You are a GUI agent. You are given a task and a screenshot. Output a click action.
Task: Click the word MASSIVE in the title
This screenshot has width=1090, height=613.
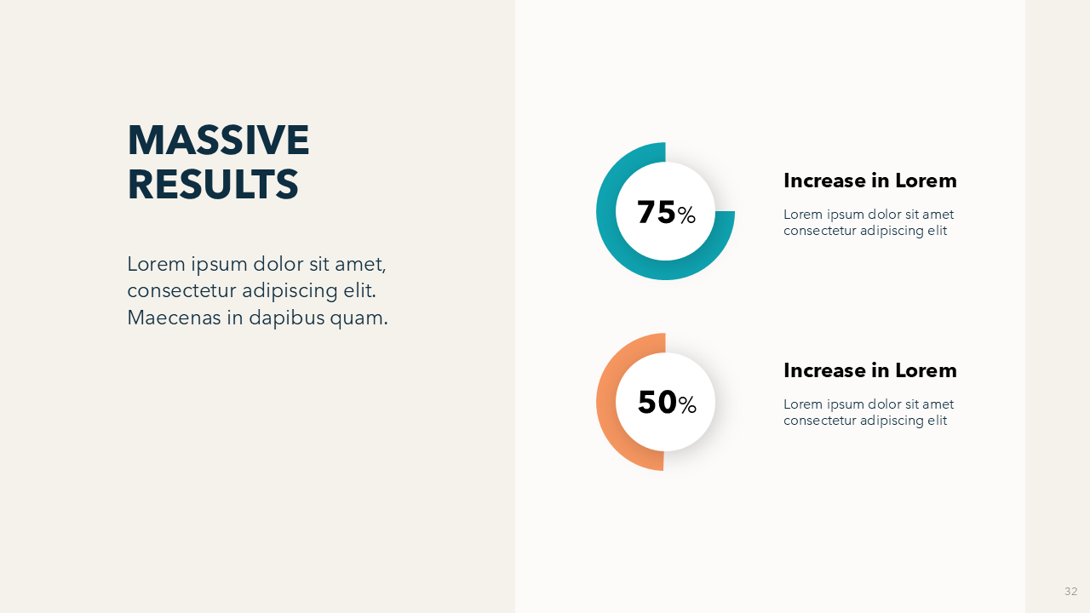click(x=218, y=140)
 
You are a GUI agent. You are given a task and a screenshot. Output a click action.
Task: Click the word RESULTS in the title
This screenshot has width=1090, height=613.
click(x=213, y=185)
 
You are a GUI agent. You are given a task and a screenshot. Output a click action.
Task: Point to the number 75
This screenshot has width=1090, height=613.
click(x=656, y=212)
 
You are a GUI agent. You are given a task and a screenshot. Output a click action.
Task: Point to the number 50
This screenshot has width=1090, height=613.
click(x=657, y=403)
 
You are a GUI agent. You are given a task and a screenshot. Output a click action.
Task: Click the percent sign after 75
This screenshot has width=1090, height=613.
click(x=686, y=215)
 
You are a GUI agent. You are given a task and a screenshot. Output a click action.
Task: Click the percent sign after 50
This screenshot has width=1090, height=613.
click(x=687, y=404)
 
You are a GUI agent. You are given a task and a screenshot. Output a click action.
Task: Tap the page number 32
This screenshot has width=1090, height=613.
click(x=1070, y=591)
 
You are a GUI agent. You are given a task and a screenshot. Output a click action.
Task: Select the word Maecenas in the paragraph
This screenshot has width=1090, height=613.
click(x=175, y=318)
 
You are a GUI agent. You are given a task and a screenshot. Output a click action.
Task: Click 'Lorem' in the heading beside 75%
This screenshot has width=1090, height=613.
click(x=926, y=180)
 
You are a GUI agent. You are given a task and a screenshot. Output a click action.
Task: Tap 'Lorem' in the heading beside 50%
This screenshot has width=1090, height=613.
click(x=926, y=370)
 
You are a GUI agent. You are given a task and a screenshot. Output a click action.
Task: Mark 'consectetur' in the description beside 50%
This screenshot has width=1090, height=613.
click(x=819, y=421)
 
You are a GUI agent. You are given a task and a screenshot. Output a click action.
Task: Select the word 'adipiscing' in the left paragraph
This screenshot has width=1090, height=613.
click(x=290, y=291)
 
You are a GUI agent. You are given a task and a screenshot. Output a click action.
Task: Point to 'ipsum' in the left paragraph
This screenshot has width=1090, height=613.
click(x=220, y=266)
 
